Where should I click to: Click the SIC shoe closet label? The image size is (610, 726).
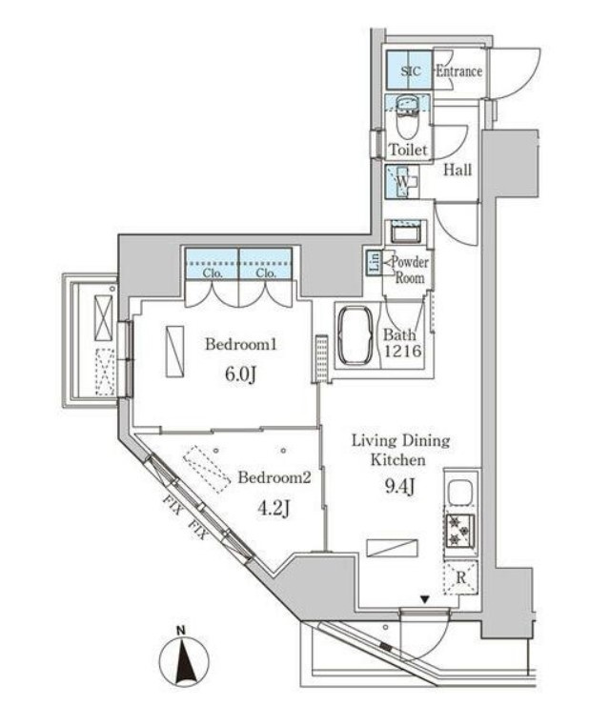point(411,71)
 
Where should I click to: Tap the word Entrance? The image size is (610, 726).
point(458,71)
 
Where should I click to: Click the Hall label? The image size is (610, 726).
point(457,170)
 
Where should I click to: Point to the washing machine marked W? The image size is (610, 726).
point(402,181)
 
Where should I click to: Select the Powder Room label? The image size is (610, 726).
point(410,270)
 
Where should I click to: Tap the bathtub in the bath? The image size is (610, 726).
point(356,336)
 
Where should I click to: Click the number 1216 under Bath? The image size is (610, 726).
point(402,351)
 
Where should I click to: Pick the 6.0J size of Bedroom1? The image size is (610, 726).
point(240,374)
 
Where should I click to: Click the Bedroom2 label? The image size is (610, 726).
point(274,477)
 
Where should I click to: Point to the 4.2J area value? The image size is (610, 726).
point(274,509)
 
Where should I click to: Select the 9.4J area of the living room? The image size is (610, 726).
point(399,487)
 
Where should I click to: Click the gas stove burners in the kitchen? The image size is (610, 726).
point(460,531)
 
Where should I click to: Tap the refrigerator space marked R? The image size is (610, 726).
point(461,577)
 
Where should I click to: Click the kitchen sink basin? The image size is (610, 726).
point(460,493)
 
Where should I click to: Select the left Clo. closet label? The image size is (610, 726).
point(213,272)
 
